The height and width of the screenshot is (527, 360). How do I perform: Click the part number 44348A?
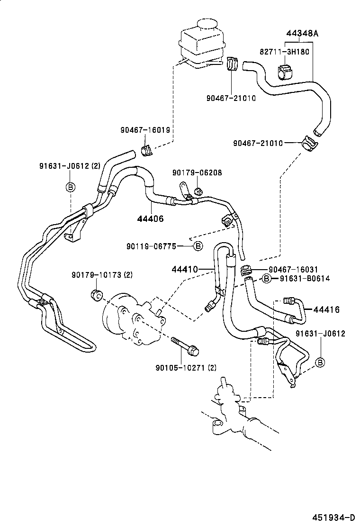(302, 34)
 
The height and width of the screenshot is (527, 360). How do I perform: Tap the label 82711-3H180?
(284, 51)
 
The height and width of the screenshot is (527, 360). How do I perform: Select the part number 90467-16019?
(145, 130)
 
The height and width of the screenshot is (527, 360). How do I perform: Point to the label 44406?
(150, 218)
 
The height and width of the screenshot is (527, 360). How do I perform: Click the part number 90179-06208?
(197, 173)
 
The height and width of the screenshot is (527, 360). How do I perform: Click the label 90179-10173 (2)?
(102, 275)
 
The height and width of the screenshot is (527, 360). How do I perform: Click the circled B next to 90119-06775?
(198, 246)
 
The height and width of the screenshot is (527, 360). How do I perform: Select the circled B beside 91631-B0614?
(267, 279)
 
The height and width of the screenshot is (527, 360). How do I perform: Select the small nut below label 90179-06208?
(198, 191)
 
